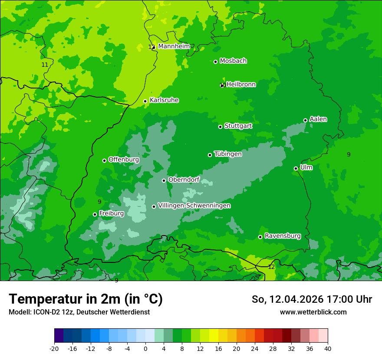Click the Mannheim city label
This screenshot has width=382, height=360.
174,46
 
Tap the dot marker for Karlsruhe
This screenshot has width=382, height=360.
145,101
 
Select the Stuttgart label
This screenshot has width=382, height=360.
238,126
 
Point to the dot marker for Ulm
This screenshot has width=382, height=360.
296,168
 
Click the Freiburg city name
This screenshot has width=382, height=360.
111,213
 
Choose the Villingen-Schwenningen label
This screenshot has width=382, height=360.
194,206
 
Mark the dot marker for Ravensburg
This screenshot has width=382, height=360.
260,237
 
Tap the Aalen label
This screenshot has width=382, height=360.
318,119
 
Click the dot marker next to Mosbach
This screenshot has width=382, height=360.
215,62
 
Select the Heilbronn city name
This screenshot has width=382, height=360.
241,85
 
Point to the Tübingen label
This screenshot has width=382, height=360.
227,154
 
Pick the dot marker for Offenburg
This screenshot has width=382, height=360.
104,160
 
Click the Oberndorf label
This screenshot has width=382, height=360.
184,180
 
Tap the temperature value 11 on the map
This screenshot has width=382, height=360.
45,65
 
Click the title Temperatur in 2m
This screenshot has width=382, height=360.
86,299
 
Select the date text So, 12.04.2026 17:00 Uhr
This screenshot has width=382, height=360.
312,299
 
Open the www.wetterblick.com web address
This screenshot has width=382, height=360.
313,312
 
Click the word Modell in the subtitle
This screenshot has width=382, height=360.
19,312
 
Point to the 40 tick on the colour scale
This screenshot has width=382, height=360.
328,348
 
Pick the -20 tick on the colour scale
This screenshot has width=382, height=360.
54,348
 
